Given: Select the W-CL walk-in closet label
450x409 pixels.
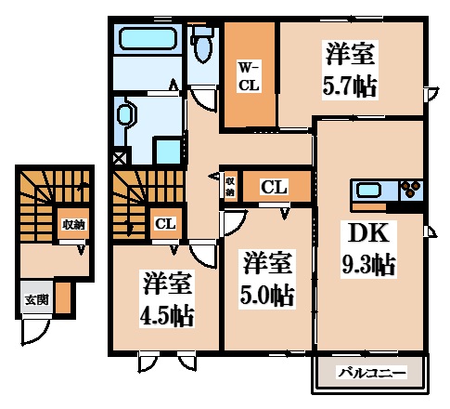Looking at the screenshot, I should (249, 75).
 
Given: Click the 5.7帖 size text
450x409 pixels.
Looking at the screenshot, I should (351, 86).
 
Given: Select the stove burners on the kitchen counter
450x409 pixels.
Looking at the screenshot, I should (410, 191).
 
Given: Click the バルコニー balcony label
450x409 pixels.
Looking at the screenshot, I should (371, 373).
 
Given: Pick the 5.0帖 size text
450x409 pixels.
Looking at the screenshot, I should (268, 297).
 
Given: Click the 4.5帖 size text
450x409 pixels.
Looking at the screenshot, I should (167, 314).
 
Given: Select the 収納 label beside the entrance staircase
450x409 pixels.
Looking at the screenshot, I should (74, 224).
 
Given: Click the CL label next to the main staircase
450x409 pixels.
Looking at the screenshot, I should (165, 223).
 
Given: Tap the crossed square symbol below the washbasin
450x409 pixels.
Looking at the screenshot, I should (119, 158).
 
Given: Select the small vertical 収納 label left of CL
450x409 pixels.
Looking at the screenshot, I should (229, 186).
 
